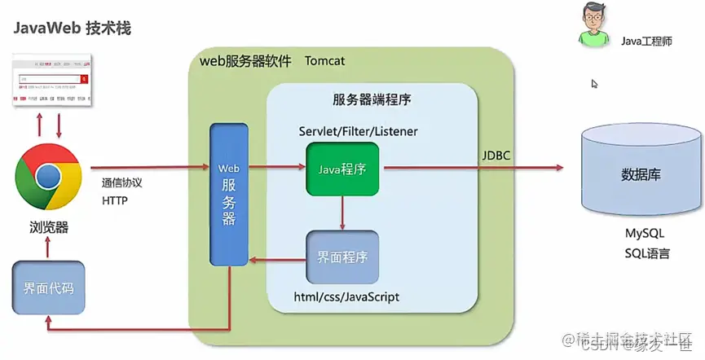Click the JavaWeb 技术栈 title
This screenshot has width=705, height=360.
72,29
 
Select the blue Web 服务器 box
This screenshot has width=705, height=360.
229,194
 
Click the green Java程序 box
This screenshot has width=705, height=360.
342,169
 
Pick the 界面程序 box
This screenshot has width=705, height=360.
342,256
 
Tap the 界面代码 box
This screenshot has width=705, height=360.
46,288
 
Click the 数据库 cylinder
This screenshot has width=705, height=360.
640,173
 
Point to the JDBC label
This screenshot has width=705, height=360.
496,155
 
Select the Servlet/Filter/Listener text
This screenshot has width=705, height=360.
359,130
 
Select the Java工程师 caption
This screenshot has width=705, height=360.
646,40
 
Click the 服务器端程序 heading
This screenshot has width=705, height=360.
371,100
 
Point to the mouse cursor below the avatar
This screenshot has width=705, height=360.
594,83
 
